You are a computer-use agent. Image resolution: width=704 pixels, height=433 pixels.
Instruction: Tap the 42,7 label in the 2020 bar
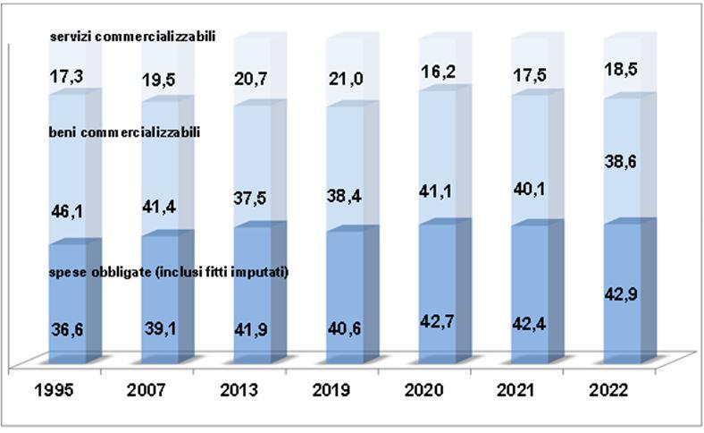(437, 320)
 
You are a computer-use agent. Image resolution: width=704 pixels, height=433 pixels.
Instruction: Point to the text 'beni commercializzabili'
(124, 132)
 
